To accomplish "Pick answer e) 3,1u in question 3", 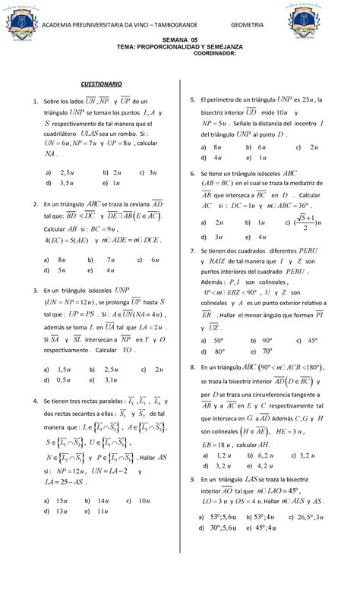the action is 101,379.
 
